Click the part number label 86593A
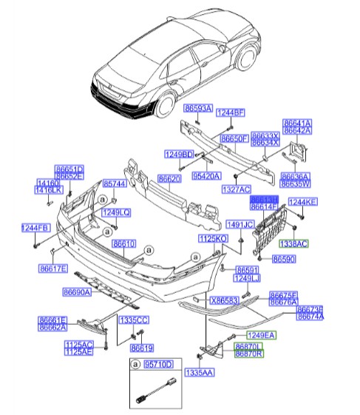[x=198, y=108]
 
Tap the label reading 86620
[x=169, y=180]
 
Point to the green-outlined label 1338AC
[x=293, y=243]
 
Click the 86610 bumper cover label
[x=123, y=243]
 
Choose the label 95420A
[x=206, y=177]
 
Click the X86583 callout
[x=224, y=301]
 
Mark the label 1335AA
[x=198, y=373]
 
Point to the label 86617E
[x=53, y=268]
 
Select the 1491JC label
[x=239, y=224]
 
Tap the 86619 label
[x=142, y=348]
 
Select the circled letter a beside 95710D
[x=135, y=365]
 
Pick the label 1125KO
[x=212, y=238]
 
